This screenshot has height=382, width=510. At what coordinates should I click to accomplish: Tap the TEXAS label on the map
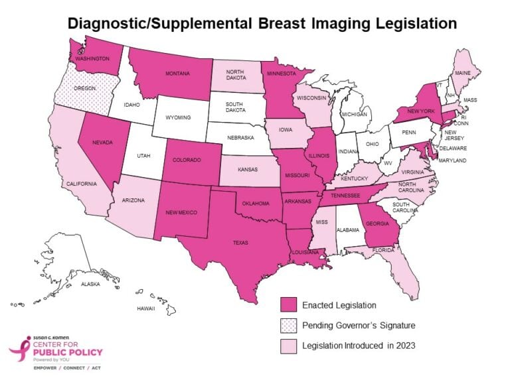pyautogui.click(x=240, y=243)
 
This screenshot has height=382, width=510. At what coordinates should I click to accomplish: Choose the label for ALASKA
pyautogui.click(x=90, y=284)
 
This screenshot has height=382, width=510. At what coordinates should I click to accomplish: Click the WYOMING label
pyautogui.click(x=178, y=117)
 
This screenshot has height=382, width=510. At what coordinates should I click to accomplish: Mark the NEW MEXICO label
pyautogui.click(x=182, y=212)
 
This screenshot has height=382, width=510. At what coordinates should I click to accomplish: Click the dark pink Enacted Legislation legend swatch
pyautogui.click(x=289, y=305)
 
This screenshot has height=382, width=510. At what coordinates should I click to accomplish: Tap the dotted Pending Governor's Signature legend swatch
pyautogui.click(x=289, y=326)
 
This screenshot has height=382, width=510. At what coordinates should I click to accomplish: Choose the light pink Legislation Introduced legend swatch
pyautogui.click(x=289, y=346)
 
